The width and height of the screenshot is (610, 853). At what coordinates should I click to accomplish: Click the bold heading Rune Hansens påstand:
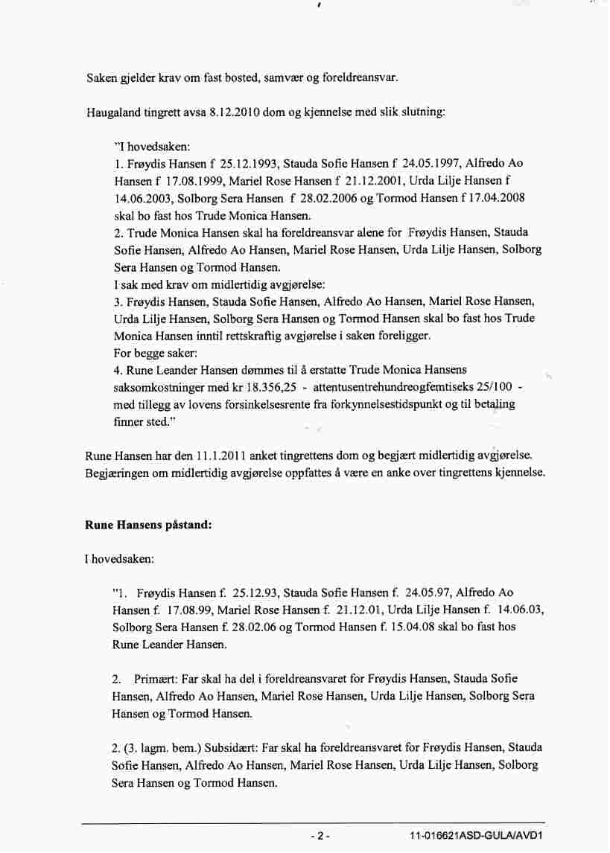click(x=149, y=524)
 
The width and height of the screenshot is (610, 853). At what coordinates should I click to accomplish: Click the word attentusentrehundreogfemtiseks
click(x=387, y=388)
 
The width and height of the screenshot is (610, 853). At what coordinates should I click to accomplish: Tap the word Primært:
click(x=158, y=679)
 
